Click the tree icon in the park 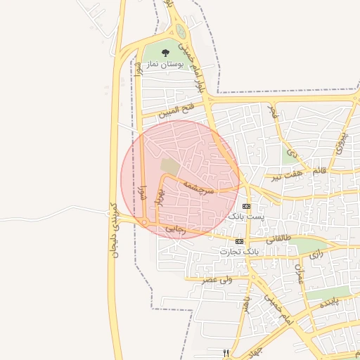point(165,53)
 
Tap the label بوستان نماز point(165,65)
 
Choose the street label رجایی point(174,229)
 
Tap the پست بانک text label point(246,217)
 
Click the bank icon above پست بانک point(245,206)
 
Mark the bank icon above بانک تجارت point(240,240)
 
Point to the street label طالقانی point(277,238)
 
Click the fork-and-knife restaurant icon point(226,353)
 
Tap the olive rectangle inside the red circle point(169,166)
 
